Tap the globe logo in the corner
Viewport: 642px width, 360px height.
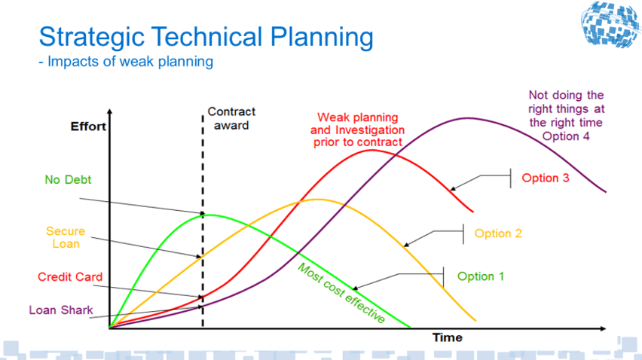(x=611, y=24)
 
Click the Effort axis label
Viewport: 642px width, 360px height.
(x=88, y=127)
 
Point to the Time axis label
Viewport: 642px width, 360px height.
(x=448, y=337)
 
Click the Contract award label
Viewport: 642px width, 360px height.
(x=231, y=118)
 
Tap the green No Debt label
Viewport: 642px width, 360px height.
(x=68, y=179)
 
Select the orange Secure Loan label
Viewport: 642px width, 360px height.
(x=66, y=237)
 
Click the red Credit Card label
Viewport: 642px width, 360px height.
(x=70, y=277)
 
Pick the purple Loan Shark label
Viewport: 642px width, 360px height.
(x=61, y=310)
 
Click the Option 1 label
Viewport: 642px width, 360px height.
(x=481, y=276)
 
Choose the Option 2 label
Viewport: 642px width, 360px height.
(x=498, y=233)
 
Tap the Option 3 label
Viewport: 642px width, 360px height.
(x=546, y=178)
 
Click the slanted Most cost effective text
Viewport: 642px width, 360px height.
(x=341, y=293)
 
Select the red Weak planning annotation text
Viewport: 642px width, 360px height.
(x=357, y=130)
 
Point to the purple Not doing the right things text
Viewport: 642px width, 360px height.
(x=566, y=116)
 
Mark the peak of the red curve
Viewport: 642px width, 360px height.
(x=371, y=150)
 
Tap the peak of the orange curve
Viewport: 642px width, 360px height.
(x=317, y=200)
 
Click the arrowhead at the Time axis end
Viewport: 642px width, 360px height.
(x=603, y=328)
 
